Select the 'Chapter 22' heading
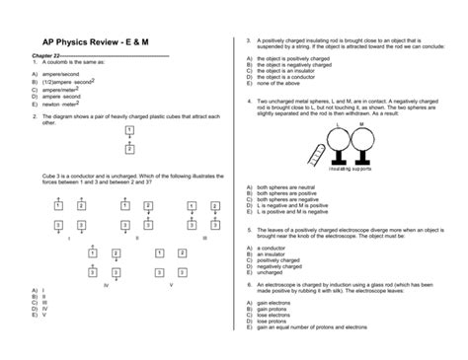point(48,55)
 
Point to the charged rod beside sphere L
point(319,149)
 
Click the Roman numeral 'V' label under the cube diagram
point(170,284)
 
